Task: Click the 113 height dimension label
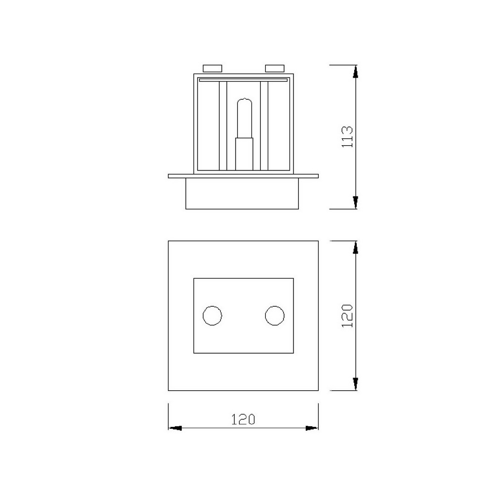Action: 348,137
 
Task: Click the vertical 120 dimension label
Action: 348,316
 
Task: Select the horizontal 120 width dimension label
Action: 243,419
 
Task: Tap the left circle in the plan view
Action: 212,316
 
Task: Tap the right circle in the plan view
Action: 275,316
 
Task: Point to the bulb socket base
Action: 244,154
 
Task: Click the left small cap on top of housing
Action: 212,68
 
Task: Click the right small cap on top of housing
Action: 275,68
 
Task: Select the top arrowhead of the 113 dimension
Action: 355,72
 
